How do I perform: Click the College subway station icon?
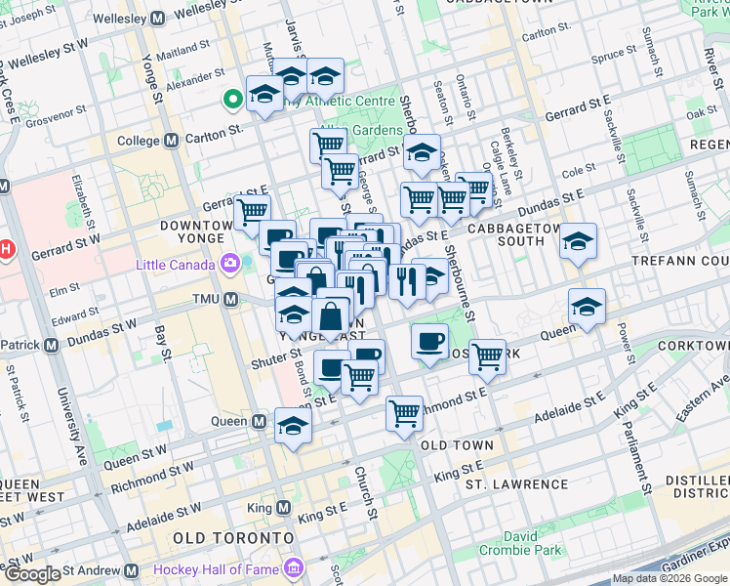tap(172, 141)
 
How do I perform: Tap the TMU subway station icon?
tap(231, 299)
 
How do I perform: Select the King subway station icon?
tap(283, 508)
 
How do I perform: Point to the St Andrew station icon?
tap(131, 569)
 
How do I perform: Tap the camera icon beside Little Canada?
tap(230, 264)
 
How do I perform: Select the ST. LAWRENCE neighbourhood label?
tap(516, 484)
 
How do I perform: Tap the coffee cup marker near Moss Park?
tap(428, 341)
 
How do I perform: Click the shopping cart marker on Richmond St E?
tap(404, 412)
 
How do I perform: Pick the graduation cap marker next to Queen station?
tap(293, 425)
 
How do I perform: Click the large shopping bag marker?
tap(331, 317)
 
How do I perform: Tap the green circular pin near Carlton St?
tap(233, 99)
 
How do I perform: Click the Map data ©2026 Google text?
tap(669, 579)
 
